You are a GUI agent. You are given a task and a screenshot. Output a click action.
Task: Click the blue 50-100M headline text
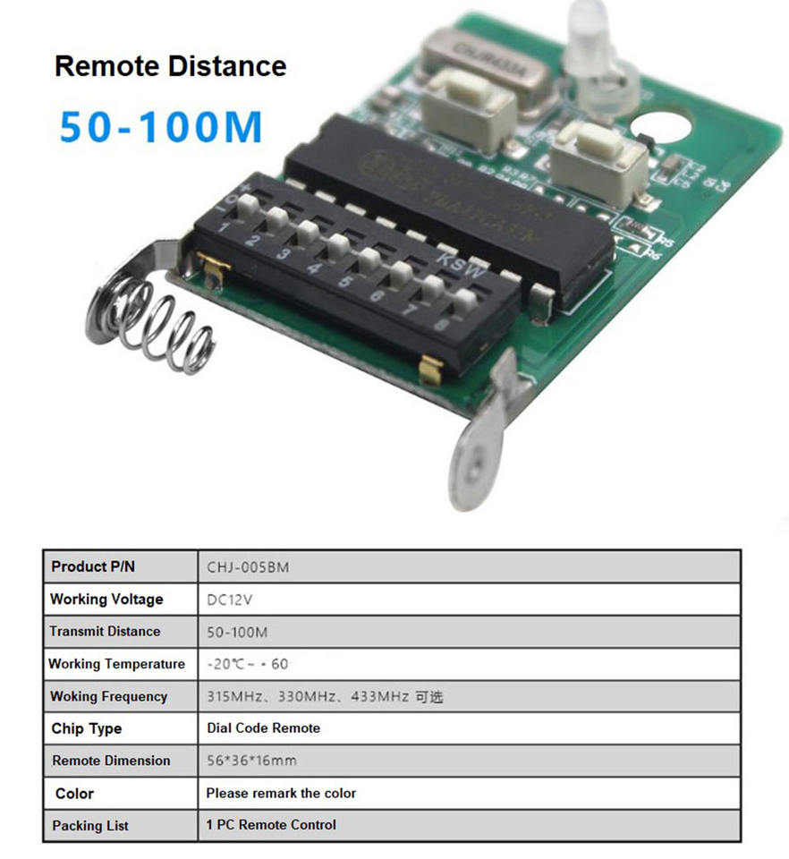[x=161, y=126]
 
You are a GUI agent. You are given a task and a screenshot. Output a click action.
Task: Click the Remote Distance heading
[x=171, y=66]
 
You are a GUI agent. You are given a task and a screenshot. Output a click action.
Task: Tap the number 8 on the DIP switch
[x=441, y=326]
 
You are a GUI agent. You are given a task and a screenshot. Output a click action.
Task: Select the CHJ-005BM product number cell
[x=248, y=567]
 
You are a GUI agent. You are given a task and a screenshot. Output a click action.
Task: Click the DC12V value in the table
[x=232, y=600]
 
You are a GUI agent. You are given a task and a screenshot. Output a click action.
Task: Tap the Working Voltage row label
[x=106, y=600]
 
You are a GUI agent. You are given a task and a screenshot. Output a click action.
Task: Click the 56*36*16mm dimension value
[x=251, y=761]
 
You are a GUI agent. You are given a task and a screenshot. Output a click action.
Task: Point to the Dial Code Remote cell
[x=263, y=728]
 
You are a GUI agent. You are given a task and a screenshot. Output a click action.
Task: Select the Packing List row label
[x=90, y=825]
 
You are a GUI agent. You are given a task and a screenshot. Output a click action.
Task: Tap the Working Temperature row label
[x=116, y=664]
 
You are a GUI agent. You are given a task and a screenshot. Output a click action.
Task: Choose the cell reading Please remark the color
[x=281, y=793]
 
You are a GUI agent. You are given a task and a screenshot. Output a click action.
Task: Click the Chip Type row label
[x=87, y=728]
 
